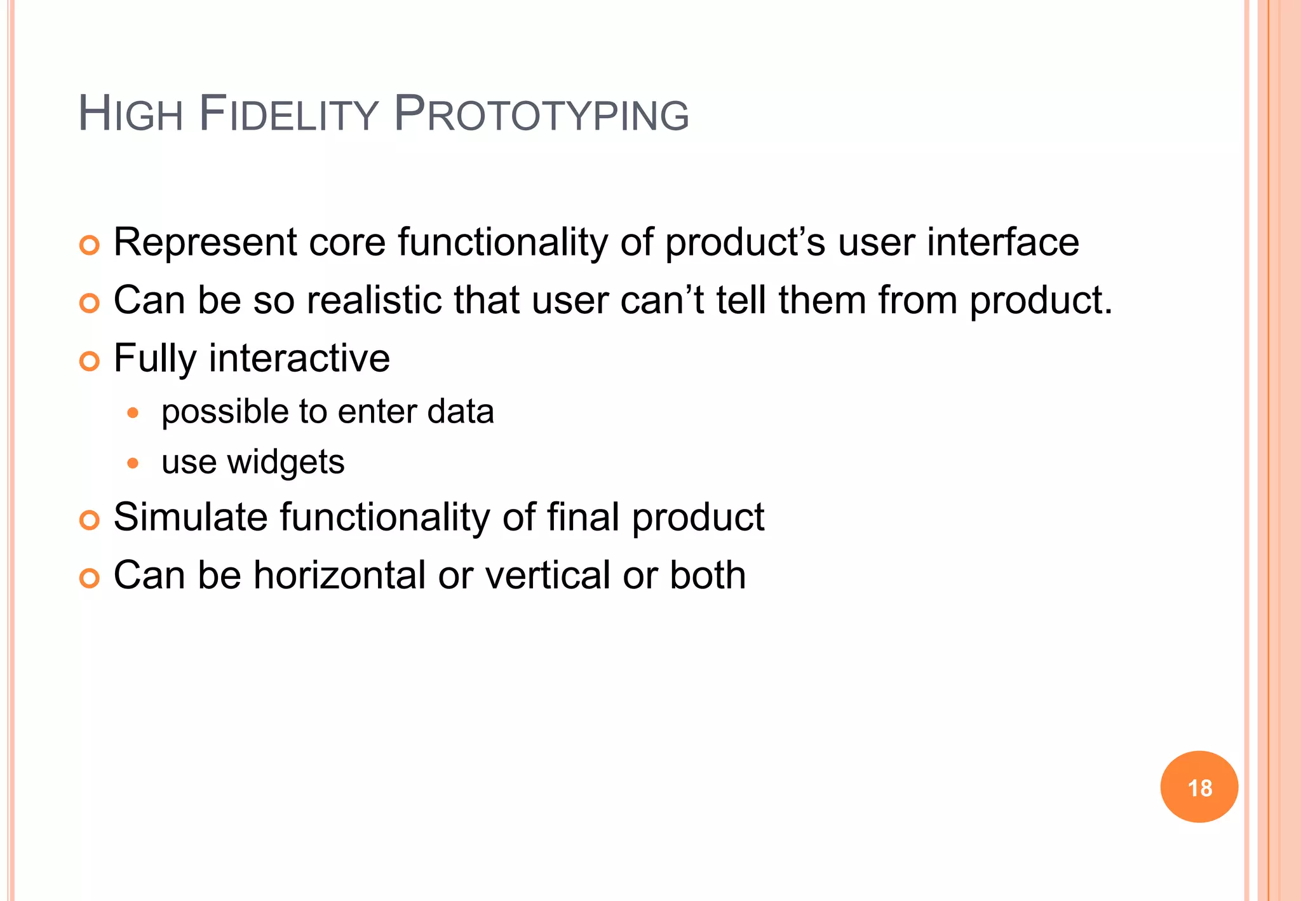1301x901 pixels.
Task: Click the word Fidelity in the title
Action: [x=289, y=115]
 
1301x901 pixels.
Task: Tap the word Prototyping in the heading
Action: [x=541, y=115]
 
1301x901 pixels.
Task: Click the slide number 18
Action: [x=1199, y=788]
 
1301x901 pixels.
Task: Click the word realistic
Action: [x=374, y=301]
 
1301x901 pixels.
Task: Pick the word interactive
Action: [x=299, y=358]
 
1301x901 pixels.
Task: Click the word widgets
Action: [x=285, y=463]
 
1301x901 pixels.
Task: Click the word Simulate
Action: [x=191, y=517]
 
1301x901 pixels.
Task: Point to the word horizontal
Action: [x=340, y=576]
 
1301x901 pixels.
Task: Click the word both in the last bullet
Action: [x=708, y=576]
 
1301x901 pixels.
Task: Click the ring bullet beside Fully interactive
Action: [x=90, y=362]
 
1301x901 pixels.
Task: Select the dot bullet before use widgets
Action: [x=132, y=463]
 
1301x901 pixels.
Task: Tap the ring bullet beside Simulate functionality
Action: [x=90, y=520]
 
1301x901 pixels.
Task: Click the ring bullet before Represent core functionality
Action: [x=90, y=246]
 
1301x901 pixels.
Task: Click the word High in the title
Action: [x=130, y=115]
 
